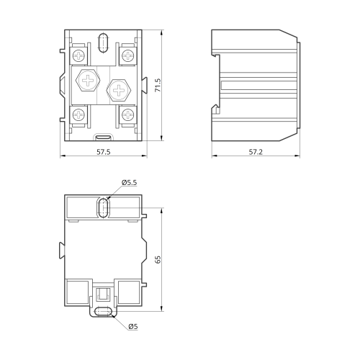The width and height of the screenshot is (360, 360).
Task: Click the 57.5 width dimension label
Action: click(104, 152)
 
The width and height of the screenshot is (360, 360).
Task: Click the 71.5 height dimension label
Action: click(158, 85)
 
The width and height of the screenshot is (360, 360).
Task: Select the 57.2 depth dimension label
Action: click(256, 152)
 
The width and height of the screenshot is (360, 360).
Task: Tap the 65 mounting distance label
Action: click(158, 260)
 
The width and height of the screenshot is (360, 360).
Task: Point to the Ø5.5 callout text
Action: click(129, 182)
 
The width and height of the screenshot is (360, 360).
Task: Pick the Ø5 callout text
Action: click(133, 326)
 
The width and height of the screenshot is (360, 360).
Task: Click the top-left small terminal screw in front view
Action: click(79, 55)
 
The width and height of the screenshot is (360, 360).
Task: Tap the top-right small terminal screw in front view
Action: click(127, 55)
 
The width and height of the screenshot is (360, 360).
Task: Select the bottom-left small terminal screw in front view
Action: click(79, 114)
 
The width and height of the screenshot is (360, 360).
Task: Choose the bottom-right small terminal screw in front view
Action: click(127, 114)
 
